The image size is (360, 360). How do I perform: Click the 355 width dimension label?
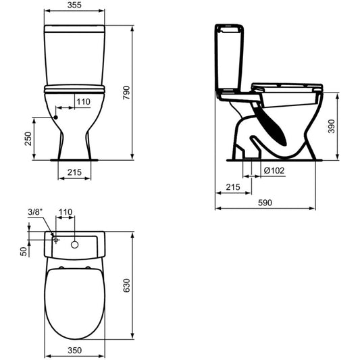click(x=74, y=5)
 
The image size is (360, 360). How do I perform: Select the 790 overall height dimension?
click(x=126, y=93)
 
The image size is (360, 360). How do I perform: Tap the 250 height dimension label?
click(x=28, y=138)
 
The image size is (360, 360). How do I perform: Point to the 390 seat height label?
click(x=332, y=126)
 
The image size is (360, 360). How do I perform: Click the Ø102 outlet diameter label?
click(x=274, y=171)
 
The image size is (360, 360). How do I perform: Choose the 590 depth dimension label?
click(x=265, y=203)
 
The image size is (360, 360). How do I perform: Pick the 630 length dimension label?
click(x=126, y=286)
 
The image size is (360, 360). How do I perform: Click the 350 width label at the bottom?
click(x=74, y=351)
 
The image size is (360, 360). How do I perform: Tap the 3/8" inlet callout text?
click(x=35, y=212)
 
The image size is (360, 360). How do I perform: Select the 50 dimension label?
click(x=24, y=251)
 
